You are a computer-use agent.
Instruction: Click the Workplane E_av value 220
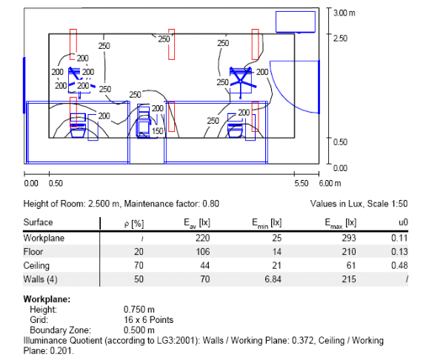click(x=202, y=238)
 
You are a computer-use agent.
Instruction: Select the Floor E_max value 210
click(x=348, y=252)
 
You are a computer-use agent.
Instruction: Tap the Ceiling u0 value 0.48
click(x=399, y=265)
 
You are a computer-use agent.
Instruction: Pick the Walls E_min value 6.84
click(x=273, y=279)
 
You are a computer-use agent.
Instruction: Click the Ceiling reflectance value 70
click(x=139, y=265)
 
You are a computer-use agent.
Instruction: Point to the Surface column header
click(x=38, y=222)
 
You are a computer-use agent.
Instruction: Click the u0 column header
click(x=403, y=222)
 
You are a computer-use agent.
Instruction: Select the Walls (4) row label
click(x=41, y=279)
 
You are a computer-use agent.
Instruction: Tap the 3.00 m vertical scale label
click(x=345, y=13)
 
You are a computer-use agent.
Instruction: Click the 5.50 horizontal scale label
click(x=302, y=184)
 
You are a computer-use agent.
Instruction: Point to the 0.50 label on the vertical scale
click(x=340, y=142)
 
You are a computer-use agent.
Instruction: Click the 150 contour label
click(x=157, y=131)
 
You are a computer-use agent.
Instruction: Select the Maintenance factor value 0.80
click(x=210, y=204)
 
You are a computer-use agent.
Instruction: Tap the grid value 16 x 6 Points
click(x=148, y=320)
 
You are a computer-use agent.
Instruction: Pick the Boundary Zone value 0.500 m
click(x=139, y=330)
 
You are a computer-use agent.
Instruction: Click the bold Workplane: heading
click(x=47, y=299)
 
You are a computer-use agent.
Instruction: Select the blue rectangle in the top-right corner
click(x=296, y=22)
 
